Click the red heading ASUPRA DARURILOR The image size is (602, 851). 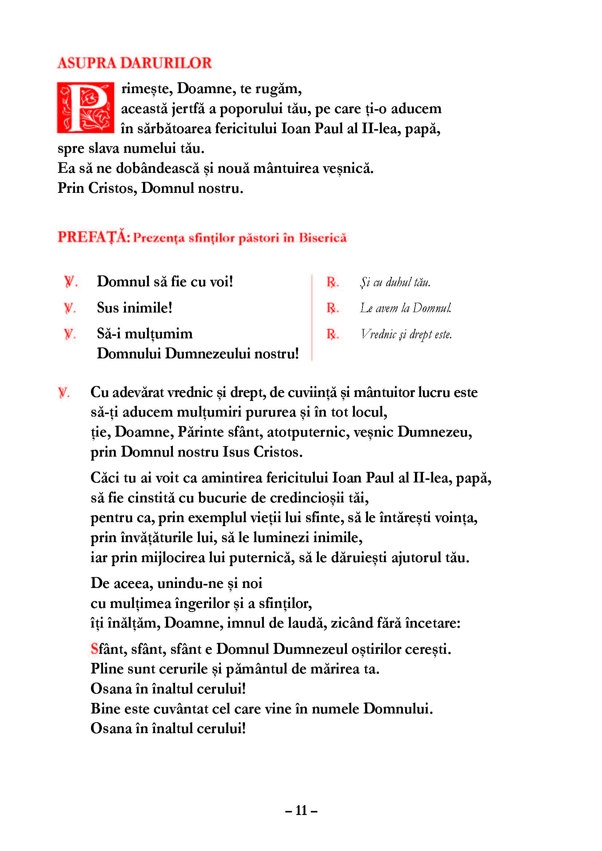pos(134,63)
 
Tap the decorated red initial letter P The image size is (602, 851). pos(85,107)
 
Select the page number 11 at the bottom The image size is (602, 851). pos(301,811)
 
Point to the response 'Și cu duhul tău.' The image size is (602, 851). pos(395,282)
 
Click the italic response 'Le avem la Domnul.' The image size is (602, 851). pos(405,308)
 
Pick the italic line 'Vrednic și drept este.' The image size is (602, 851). pos(406,334)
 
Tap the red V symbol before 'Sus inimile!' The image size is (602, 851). pos(69,308)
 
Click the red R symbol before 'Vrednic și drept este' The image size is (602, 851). pos(332,334)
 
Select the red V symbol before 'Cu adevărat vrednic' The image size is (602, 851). pos(64,393)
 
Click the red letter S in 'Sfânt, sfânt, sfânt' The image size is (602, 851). pos(94,649)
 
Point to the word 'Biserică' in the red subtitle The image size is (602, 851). pos(322,238)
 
